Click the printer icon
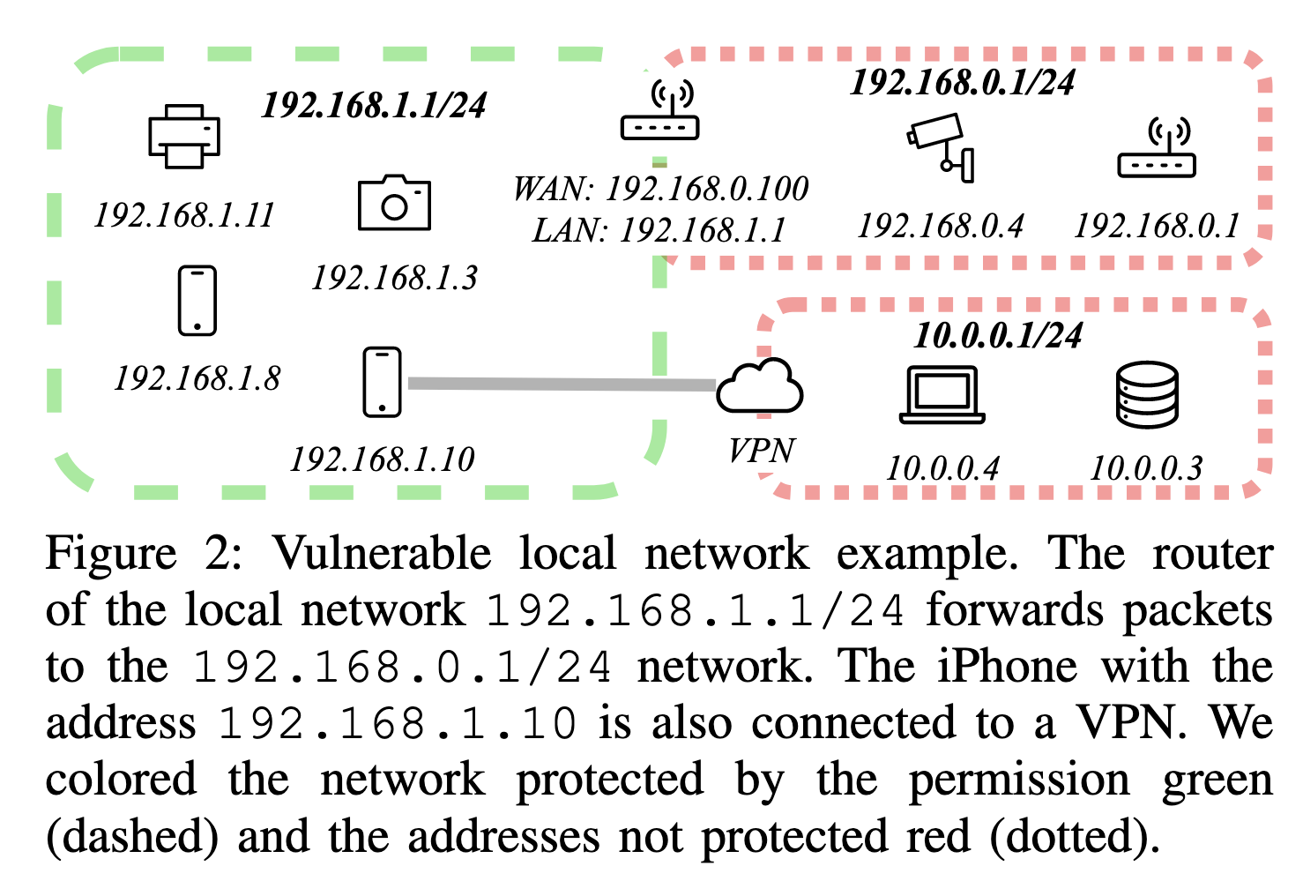(x=183, y=136)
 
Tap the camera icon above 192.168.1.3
(x=394, y=203)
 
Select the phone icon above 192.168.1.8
(x=197, y=301)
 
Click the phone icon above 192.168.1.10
(x=382, y=382)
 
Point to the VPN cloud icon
(x=759, y=387)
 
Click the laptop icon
(x=942, y=394)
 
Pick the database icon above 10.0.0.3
(x=1146, y=394)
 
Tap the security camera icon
(x=942, y=146)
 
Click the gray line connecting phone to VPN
(x=561, y=384)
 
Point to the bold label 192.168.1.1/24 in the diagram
(x=374, y=106)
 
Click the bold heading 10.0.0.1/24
(x=998, y=335)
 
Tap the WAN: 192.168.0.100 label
(x=660, y=189)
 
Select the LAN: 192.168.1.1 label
(x=659, y=230)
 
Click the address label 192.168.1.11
(x=184, y=215)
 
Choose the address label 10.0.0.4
(x=942, y=468)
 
